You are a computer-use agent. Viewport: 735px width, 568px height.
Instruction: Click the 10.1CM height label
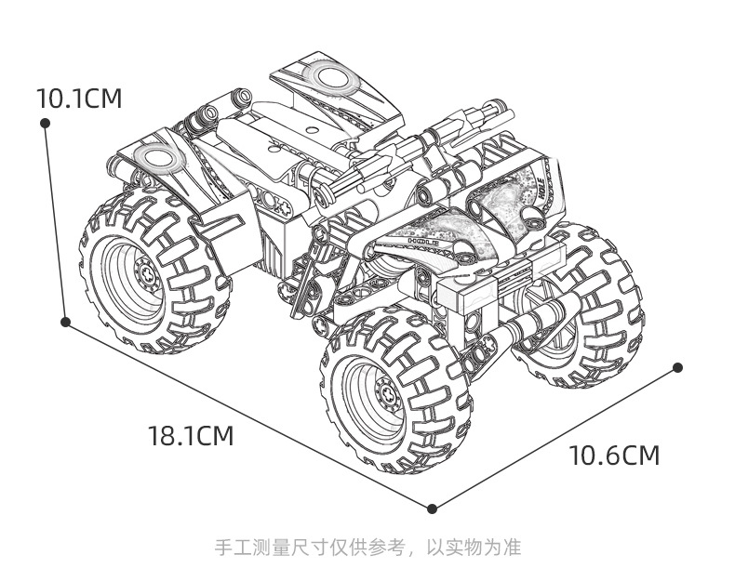pyautogui.click(x=79, y=99)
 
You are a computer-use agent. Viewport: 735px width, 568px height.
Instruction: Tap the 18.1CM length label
pyautogui.click(x=191, y=435)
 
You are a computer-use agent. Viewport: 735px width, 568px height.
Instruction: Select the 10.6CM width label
pyautogui.click(x=614, y=455)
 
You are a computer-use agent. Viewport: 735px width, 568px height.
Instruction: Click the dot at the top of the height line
pyautogui.click(x=45, y=123)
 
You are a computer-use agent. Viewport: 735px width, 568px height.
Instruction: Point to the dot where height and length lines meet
pyautogui.click(x=66, y=322)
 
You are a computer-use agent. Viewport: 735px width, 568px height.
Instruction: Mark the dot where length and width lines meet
pyautogui.click(x=433, y=509)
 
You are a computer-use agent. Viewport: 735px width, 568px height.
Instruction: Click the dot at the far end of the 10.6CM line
pyautogui.click(x=677, y=367)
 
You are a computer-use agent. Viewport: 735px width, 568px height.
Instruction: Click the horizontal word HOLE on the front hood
pyautogui.click(x=422, y=241)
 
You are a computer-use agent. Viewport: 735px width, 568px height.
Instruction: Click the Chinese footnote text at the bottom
pyautogui.click(x=368, y=547)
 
